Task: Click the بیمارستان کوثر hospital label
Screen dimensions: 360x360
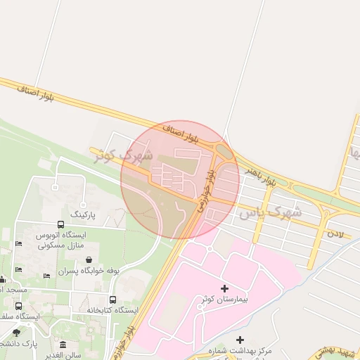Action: pyautogui.click(x=225, y=300)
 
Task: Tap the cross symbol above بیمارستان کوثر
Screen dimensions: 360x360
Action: pyautogui.click(x=225, y=288)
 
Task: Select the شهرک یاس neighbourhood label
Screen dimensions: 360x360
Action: pyautogui.click(x=269, y=211)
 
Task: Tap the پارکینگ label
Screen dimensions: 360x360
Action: pyautogui.click(x=88, y=212)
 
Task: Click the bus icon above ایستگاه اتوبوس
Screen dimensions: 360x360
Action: pyautogui.click(x=60, y=225)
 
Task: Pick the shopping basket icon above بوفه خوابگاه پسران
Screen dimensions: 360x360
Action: pyautogui.click(x=89, y=259)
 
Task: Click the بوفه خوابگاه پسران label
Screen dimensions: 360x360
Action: pyautogui.click(x=89, y=270)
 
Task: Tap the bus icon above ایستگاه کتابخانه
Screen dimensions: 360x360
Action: pyautogui.click(x=113, y=300)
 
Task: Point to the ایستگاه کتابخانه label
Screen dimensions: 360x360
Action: pyautogui.click(x=112, y=310)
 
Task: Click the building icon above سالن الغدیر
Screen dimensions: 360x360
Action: pyautogui.click(x=63, y=345)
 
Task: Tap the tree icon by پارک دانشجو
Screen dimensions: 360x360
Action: pyautogui.click(x=16, y=333)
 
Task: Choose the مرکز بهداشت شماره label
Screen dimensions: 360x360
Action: pyautogui.click(x=245, y=350)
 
